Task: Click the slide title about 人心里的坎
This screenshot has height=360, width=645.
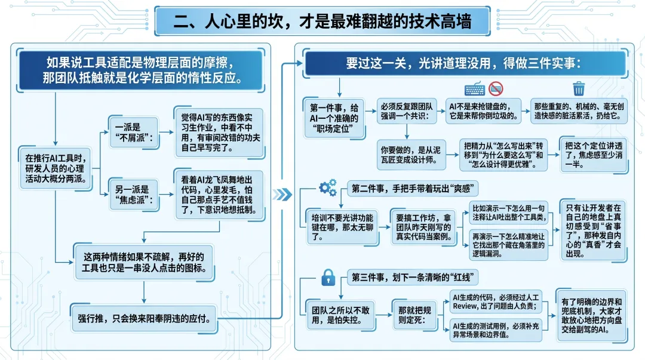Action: [x=322, y=22]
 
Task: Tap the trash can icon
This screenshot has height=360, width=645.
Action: [x=578, y=89]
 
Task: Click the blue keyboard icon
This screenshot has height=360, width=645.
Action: [x=474, y=90]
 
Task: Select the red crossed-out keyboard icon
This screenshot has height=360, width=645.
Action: [x=496, y=89]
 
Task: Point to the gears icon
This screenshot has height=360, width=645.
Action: [x=327, y=189]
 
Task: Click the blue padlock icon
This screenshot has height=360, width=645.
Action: [x=327, y=278]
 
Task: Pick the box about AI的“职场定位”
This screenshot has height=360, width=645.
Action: [x=334, y=118]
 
